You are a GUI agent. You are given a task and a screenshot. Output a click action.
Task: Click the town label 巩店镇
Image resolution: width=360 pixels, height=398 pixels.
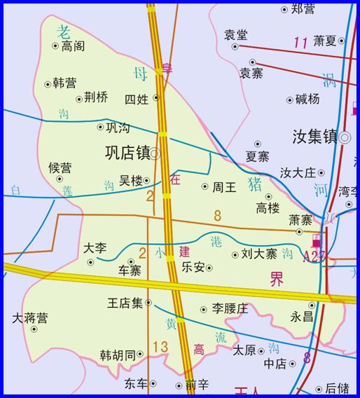pos(127,153)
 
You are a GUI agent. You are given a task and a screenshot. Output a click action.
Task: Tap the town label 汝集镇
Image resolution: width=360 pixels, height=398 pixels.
pos(314,137)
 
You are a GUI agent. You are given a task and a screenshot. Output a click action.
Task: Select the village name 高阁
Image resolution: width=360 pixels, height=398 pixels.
pos(74,46)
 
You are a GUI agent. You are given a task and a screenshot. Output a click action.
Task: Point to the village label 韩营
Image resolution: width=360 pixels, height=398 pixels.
pos(65,83)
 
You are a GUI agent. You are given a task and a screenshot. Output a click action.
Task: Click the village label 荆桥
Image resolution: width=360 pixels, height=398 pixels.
pos(96,97)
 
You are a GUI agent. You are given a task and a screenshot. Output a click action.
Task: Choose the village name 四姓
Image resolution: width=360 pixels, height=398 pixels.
pos(137,99)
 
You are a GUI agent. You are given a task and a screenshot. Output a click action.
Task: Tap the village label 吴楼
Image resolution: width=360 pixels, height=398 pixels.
pos(131,181)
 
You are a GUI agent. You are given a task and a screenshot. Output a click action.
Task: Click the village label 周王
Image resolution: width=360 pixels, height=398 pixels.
pos(224,187)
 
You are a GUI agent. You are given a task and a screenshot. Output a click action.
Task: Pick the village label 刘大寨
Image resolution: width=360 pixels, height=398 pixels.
pos(258,254)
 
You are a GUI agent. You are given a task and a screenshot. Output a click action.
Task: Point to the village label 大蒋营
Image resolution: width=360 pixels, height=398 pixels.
pos(30,318)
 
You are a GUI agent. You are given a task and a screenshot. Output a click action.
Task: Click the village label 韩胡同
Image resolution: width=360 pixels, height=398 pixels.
pos(117,355)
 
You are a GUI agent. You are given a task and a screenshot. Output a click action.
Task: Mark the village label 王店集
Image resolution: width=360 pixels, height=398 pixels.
pos(125,303)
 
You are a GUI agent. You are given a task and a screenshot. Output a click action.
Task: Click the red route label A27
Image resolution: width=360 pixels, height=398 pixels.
pos(314,257)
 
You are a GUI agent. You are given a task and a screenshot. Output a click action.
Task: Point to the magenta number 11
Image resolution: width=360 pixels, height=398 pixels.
pos(301,43)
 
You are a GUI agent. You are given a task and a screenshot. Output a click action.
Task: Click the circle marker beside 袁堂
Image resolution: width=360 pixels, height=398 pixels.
pos(235,46)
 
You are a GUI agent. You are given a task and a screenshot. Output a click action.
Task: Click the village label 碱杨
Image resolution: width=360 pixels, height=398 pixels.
pos(307,99)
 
